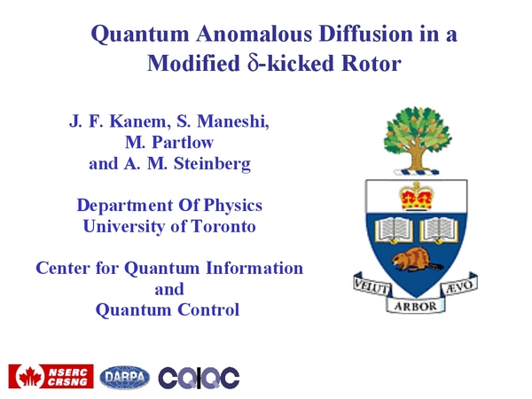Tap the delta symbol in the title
[254, 63]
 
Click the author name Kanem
[140, 121]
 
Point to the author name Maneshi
[233, 121]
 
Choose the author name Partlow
[183, 142]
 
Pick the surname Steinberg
[213, 164]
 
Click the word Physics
[232, 206]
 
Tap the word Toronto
[223, 226]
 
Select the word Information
[254, 268]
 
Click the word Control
[208, 309]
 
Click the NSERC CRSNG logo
[51, 376]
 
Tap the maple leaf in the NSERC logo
[30, 376]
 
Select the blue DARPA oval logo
[125, 378]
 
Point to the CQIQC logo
[199, 378]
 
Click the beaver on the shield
[417, 260]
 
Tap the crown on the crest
[417, 197]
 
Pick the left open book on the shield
[394, 230]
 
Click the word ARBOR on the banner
[415, 307]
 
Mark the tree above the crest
[417, 139]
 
